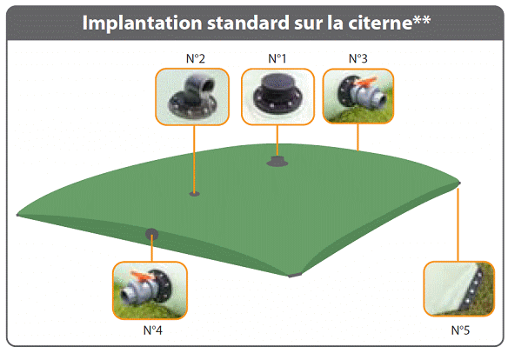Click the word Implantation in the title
pos(143,23)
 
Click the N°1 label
pos(277,58)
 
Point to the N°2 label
pos(196,58)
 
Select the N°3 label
pos(358,58)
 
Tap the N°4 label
pos(152,330)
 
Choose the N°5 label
pos(460,330)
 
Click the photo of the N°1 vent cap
pos(277,97)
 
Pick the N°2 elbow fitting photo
pos(192,97)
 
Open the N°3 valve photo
pos(358,97)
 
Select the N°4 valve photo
pos(150,290)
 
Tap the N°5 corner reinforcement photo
pos(458,289)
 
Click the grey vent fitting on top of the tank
pos(277,161)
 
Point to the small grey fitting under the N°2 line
pos(194,194)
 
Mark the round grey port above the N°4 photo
pos(151,234)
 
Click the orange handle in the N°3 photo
pos(365,81)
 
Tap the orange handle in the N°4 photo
pos(141,275)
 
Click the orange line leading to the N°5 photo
pos(458,224)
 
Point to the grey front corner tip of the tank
pos(295,275)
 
